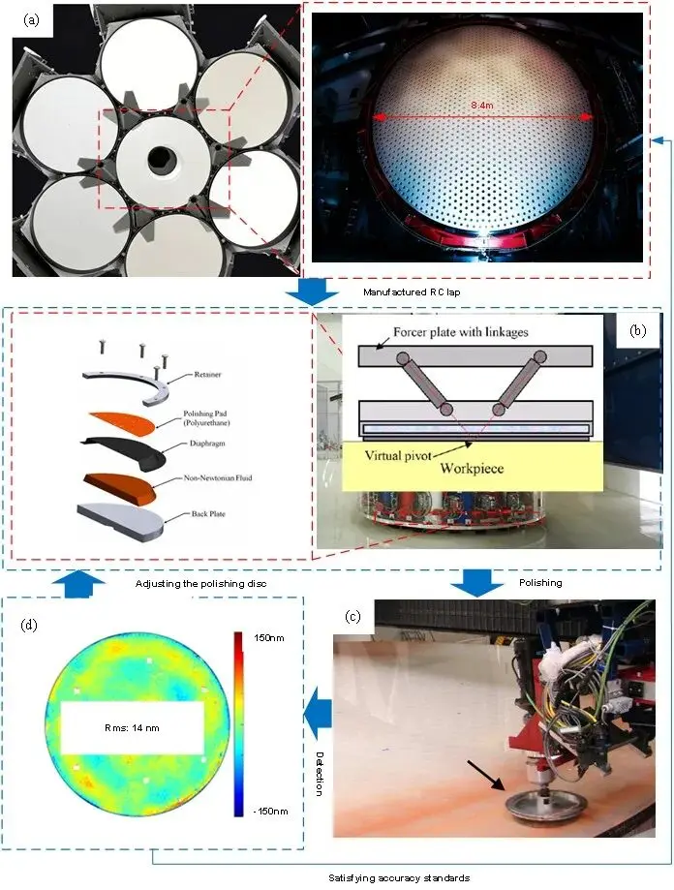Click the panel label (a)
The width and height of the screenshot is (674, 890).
[32, 20]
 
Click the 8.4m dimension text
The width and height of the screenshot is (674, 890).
[481, 105]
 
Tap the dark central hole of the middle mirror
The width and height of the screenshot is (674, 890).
[161, 160]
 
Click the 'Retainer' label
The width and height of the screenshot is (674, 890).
[207, 375]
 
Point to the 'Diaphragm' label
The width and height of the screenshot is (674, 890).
[207, 444]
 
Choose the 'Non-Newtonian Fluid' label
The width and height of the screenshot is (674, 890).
[218, 477]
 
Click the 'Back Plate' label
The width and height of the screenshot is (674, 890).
[208, 513]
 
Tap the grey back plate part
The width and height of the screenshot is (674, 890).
[120, 519]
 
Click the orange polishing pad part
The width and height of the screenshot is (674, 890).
[123, 422]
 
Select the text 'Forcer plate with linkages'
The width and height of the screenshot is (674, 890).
[461, 332]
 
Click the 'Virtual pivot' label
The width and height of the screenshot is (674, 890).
[398, 455]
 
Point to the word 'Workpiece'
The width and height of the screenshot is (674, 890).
[472, 469]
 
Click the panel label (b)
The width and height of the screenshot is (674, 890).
[638, 330]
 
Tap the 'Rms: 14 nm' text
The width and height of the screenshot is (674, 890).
[132, 727]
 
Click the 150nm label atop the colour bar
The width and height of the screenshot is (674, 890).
[269, 638]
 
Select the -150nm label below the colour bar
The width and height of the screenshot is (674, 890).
[270, 812]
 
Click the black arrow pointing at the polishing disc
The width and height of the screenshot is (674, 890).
[485, 776]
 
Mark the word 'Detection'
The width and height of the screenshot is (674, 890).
[320, 774]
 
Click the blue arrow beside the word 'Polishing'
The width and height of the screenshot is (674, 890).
[477, 584]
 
